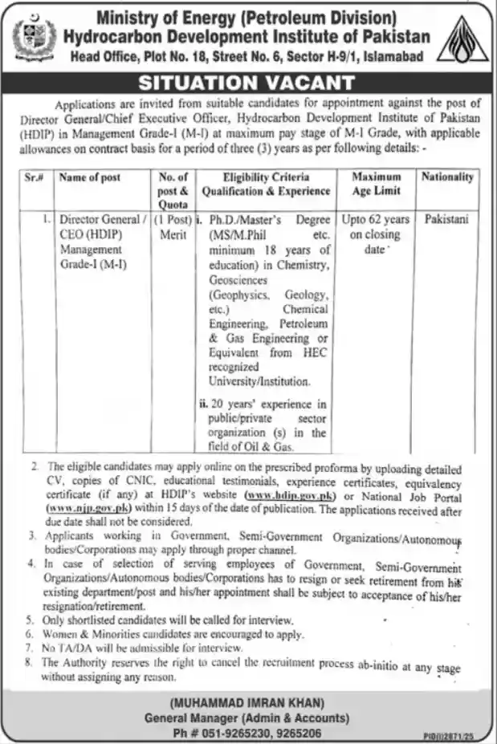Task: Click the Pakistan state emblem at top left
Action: coord(36,38)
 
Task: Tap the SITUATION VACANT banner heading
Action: coord(247,83)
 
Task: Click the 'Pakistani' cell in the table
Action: coord(446,218)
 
